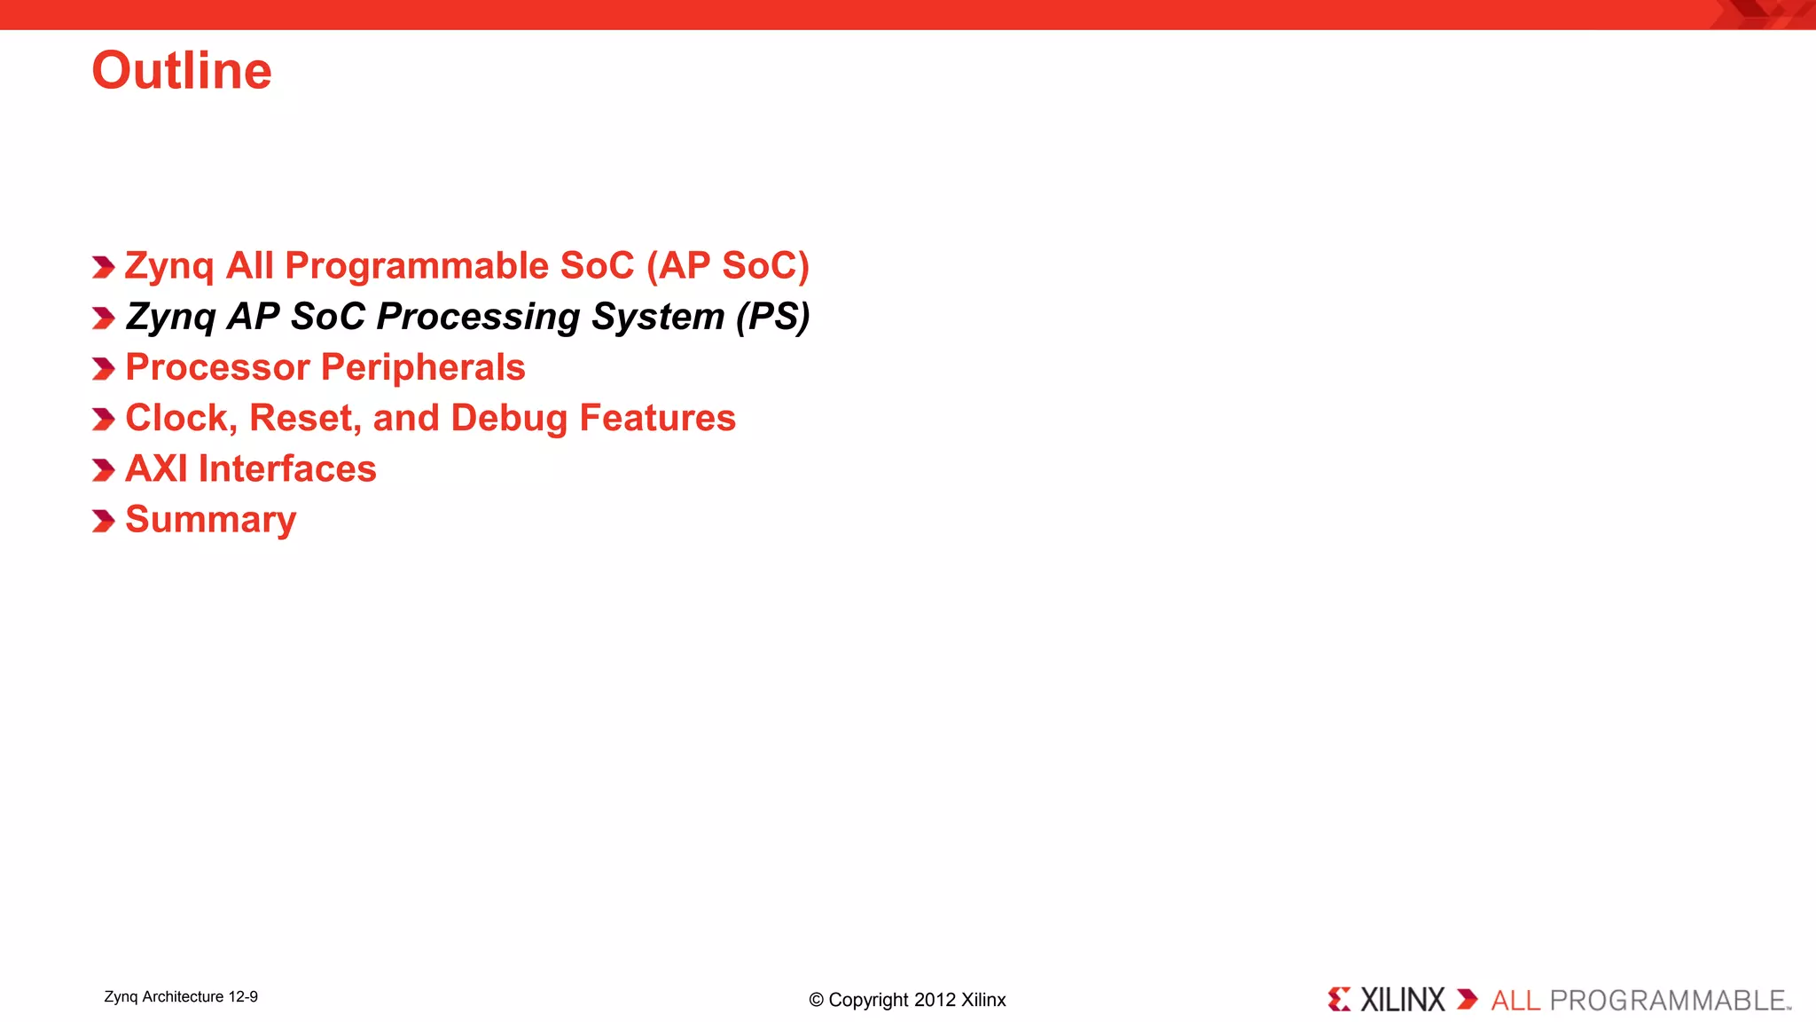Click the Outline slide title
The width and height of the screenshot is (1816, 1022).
[182, 71]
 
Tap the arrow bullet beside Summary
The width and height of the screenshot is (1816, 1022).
[103, 521]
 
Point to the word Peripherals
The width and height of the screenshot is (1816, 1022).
[424, 367]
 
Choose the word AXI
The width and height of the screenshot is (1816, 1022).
[156, 468]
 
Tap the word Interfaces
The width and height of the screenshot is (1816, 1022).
[287, 468]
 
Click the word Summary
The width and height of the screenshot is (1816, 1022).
[210, 520]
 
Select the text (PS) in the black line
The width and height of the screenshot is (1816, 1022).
[772, 317]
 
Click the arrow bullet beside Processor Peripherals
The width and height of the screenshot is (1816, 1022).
[103, 368]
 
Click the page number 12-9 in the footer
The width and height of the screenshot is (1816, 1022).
[242, 997]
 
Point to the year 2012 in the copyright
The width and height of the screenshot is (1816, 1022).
[935, 1000]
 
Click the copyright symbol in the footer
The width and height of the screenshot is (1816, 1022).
[816, 1001]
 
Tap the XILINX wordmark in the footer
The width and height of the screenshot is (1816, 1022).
[1402, 1000]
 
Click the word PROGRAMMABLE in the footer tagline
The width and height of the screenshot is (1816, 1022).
[1667, 1001]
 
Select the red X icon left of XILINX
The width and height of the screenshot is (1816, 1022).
[1339, 1000]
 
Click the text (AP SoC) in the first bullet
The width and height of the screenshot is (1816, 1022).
[727, 266]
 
